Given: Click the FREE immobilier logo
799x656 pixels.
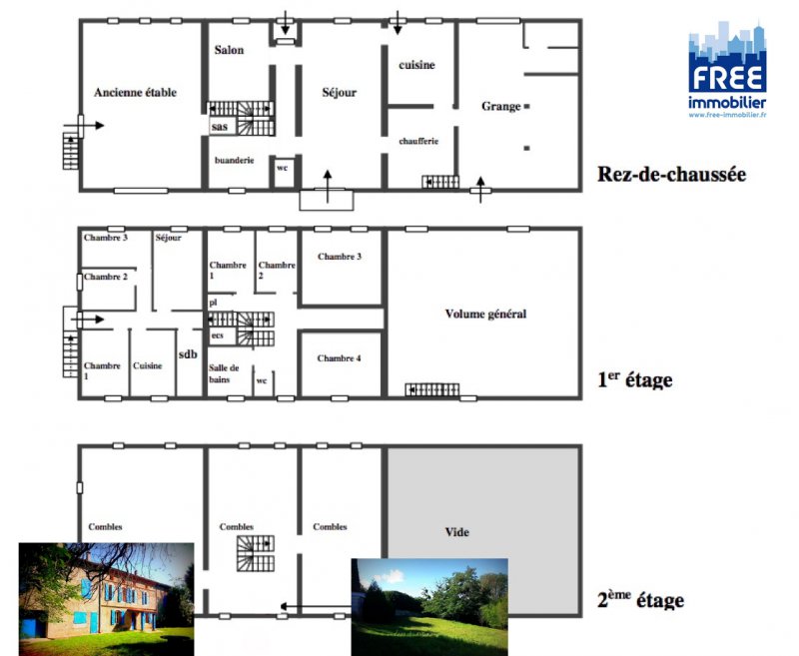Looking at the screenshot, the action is pyautogui.click(x=727, y=69).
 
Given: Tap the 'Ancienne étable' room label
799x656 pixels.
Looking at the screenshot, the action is pyautogui.click(x=135, y=92).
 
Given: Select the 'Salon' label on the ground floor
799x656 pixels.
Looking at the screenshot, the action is pyautogui.click(x=229, y=50).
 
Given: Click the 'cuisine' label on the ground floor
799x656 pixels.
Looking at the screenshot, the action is pyautogui.click(x=416, y=65).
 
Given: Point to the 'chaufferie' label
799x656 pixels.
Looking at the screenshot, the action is pyautogui.click(x=418, y=141).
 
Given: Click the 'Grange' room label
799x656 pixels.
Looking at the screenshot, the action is pyautogui.click(x=501, y=107).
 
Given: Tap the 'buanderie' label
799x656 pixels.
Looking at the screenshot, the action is pyautogui.click(x=234, y=160).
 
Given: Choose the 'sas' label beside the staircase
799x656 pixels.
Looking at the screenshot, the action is pyautogui.click(x=219, y=126).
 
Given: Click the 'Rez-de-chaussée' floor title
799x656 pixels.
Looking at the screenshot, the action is pyautogui.click(x=671, y=174).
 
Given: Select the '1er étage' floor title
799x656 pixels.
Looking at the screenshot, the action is pyautogui.click(x=634, y=379).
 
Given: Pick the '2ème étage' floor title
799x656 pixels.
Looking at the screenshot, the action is pyautogui.click(x=640, y=600).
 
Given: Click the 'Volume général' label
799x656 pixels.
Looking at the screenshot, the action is pyautogui.click(x=485, y=314).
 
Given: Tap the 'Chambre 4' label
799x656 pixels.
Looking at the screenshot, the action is pyautogui.click(x=339, y=358).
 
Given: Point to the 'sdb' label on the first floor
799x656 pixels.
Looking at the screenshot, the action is pyautogui.click(x=188, y=354).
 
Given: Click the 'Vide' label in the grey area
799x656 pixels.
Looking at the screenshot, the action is pyautogui.click(x=457, y=532).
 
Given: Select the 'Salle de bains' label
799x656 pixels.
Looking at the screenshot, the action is pyautogui.click(x=224, y=373).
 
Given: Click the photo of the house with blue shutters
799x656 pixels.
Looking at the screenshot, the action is pyautogui.click(x=107, y=599).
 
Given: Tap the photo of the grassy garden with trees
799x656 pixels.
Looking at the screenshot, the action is pyautogui.click(x=429, y=607).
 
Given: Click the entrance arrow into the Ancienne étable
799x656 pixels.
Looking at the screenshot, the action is pyautogui.click(x=84, y=125).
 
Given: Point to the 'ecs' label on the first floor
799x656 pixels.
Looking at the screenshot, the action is pyautogui.click(x=217, y=335).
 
